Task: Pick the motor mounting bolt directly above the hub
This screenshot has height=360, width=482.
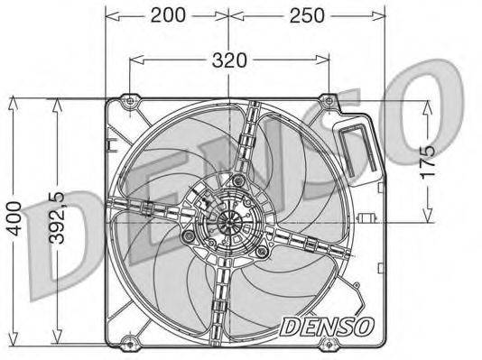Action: click(x=237, y=183)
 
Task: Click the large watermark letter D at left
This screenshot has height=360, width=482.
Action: click(x=45, y=226)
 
